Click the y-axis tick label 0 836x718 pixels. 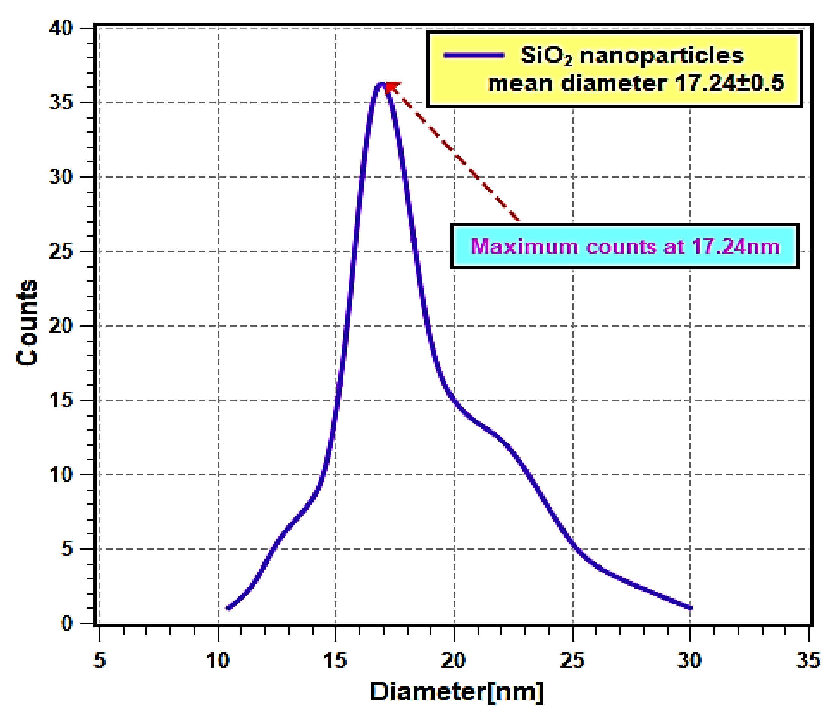(x=67, y=624)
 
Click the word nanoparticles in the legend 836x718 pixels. (x=662, y=55)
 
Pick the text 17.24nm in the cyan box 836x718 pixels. (x=736, y=246)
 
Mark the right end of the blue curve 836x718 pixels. (x=690, y=608)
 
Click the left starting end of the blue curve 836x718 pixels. (x=229, y=608)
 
